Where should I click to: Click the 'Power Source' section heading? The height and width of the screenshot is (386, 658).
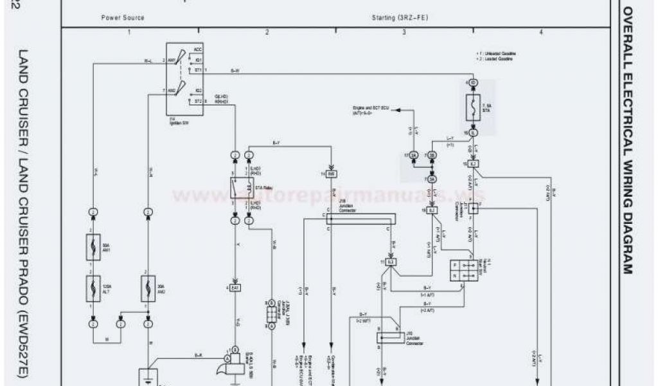click(x=123, y=17)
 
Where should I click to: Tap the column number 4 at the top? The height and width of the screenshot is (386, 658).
click(x=541, y=32)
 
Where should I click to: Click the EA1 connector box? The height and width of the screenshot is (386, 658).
click(x=236, y=288)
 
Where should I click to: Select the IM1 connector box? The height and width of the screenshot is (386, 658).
click(x=332, y=174)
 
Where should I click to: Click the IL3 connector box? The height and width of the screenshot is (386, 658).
click(x=391, y=262)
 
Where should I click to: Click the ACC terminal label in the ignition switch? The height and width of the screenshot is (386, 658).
click(x=198, y=49)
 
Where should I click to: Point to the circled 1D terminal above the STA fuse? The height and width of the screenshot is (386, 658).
click(x=473, y=84)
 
